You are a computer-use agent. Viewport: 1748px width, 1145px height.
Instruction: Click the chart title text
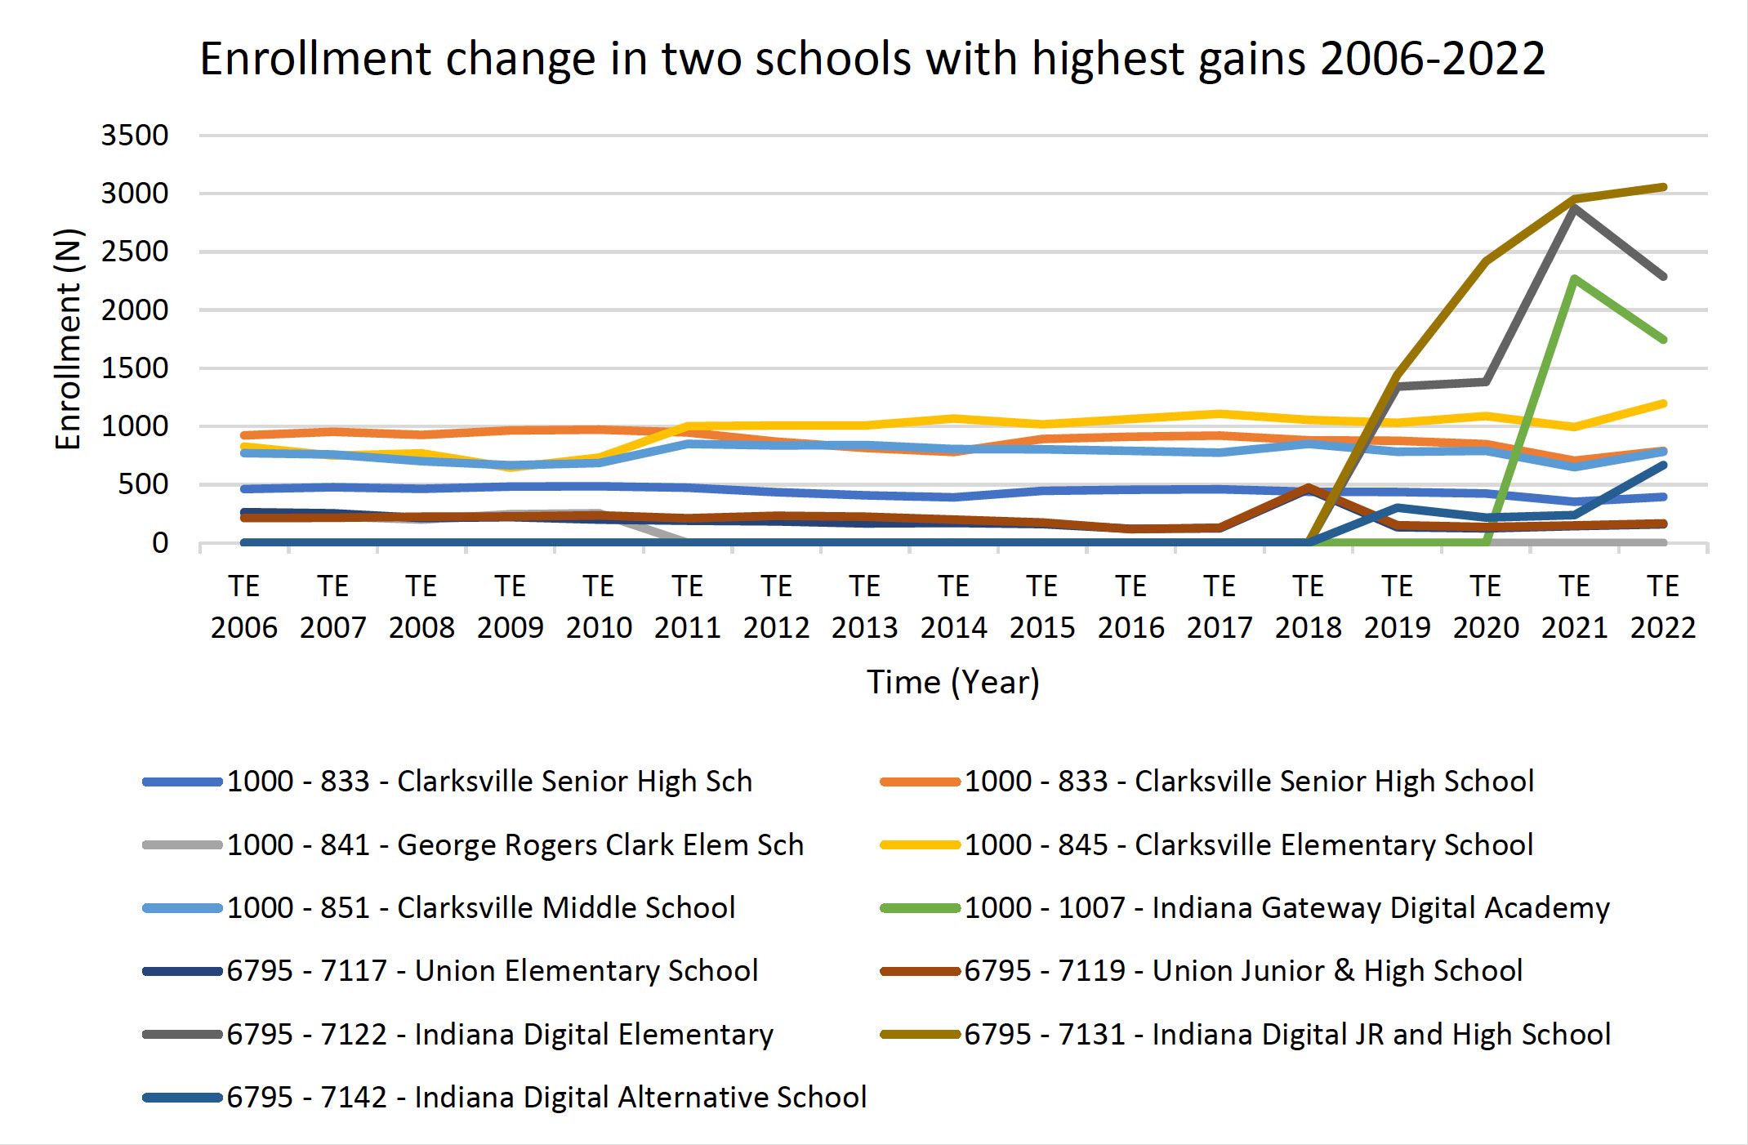point(872,59)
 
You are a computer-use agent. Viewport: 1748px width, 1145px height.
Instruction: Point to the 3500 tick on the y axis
point(135,136)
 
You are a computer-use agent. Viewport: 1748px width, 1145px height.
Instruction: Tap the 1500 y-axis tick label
point(135,368)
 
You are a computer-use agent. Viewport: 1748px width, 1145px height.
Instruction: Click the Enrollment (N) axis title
point(69,339)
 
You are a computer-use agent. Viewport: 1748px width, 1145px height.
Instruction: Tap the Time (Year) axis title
point(953,682)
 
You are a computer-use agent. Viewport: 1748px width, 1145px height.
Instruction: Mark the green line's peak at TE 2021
point(1574,279)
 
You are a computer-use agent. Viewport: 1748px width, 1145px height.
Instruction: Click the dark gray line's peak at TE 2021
point(1574,208)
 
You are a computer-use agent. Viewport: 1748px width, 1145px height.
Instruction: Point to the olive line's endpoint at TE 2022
point(1663,188)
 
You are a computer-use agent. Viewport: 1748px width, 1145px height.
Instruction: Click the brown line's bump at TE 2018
point(1309,488)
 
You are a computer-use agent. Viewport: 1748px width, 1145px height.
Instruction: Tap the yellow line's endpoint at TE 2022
point(1663,403)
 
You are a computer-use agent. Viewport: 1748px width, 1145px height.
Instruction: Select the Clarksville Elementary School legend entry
point(1248,845)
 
